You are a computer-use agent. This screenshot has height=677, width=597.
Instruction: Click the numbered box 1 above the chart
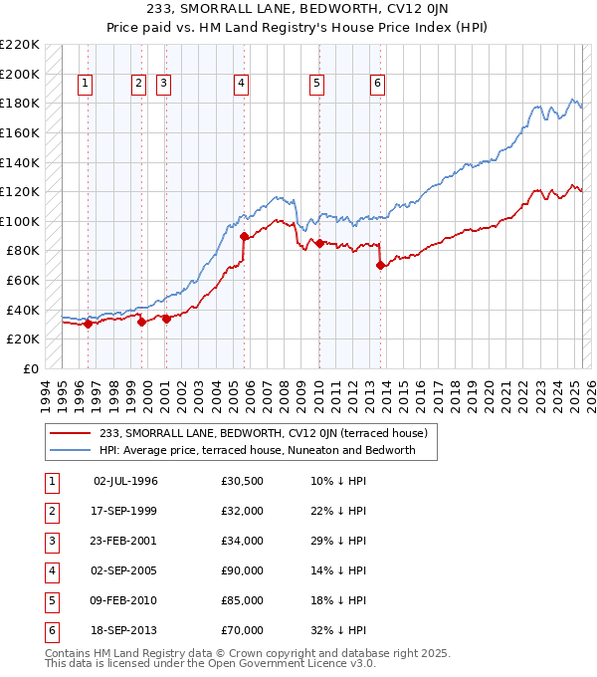(x=87, y=85)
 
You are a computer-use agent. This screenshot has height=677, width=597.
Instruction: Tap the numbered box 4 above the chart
(x=242, y=85)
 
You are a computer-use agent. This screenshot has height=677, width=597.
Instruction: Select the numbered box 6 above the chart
(x=378, y=85)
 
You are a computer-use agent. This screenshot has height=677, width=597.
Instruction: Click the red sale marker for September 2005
(x=244, y=236)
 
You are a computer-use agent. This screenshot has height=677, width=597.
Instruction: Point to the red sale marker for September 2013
(x=380, y=265)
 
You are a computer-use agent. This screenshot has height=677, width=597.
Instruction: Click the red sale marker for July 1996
(x=88, y=323)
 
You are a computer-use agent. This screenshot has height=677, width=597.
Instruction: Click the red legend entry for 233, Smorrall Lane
(x=263, y=433)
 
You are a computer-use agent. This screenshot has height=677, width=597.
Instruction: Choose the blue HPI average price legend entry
(x=269, y=450)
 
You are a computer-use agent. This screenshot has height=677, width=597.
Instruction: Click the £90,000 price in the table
(x=242, y=570)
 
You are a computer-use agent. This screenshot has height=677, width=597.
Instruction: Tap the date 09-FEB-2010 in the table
(x=124, y=600)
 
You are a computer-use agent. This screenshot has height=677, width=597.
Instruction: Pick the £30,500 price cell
(x=242, y=481)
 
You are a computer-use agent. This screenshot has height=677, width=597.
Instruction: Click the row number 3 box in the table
(x=51, y=541)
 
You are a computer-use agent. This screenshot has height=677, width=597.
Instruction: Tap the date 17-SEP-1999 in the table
(x=124, y=511)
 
